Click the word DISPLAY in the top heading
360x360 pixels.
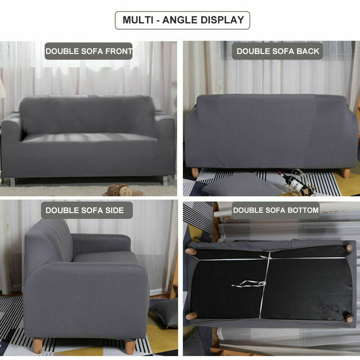pyautogui.click(x=221, y=20)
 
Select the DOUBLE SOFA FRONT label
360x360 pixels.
pyautogui.click(x=89, y=51)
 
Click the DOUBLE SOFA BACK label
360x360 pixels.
pyautogui.click(x=278, y=51)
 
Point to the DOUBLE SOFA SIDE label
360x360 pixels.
pyautogui.click(x=85, y=210)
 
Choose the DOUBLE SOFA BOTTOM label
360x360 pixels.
pyautogui.click(x=276, y=210)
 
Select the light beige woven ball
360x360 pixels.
pyautogui.click(x=125, y=191)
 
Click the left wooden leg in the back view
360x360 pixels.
pyautogui.click(x=195, y=172)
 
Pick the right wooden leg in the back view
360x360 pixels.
pyautogui.click(x=346, y=173)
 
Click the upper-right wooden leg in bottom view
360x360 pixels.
pyautogui.click(x=349, y=248)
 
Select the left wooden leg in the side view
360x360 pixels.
pyautogui.click(x=37, y=345)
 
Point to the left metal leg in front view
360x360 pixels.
pyautogui.click(x=13, y=182)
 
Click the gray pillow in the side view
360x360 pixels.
pyautogui.click(x=164, y=311)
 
